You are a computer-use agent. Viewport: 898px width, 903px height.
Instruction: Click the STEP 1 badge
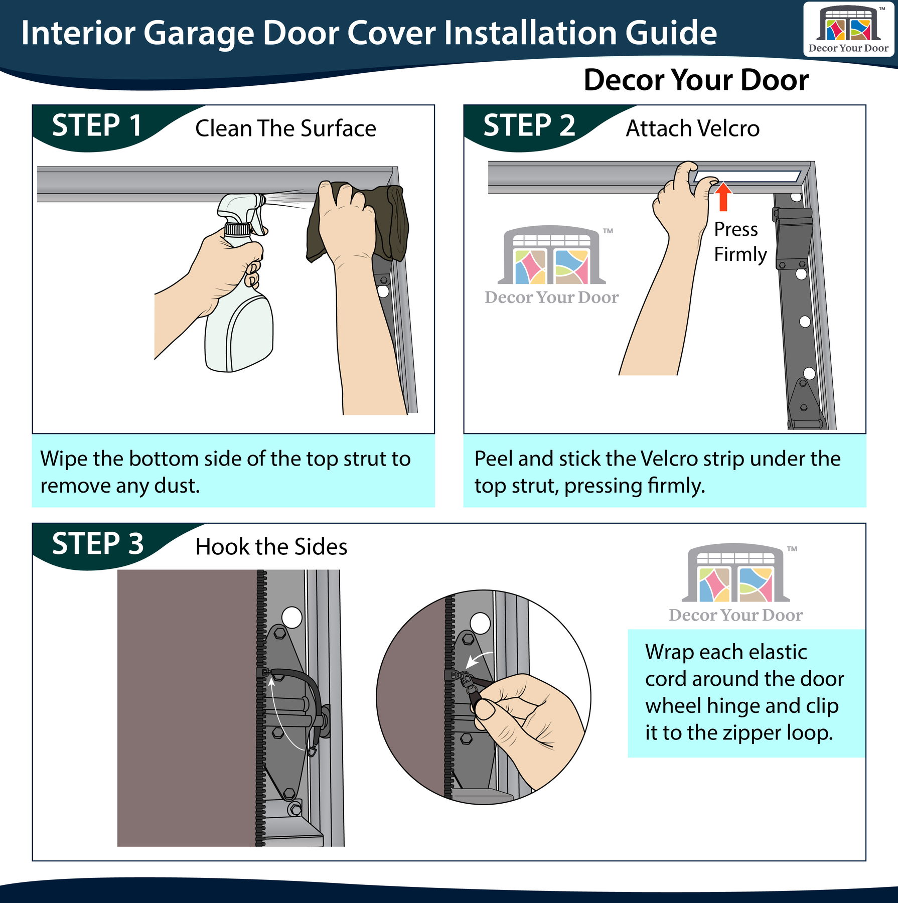(x=98, y=126)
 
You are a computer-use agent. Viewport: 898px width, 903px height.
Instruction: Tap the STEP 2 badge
(x=529, y=126)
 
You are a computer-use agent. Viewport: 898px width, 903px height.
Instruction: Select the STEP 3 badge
(x=98, y=545)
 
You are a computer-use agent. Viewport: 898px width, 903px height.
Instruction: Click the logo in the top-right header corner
(x=848, y=29)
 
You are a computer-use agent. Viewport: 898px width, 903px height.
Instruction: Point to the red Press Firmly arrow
(x=723, y=196)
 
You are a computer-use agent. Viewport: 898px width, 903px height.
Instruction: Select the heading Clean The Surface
(x=285, y=128)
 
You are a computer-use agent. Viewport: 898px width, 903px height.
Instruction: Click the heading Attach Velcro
(x=692, y=128)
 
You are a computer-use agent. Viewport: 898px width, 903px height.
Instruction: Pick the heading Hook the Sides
(x=271, y=547)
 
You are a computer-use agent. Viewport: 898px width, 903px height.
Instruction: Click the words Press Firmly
(x=740, y=242)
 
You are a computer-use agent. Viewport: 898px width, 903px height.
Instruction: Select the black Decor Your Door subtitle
(x=696, y=80)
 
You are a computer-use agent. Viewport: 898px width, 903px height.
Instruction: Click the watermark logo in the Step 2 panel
(x=552, y=265)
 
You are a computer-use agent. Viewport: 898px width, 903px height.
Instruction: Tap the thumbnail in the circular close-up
(x=485, y=709)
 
